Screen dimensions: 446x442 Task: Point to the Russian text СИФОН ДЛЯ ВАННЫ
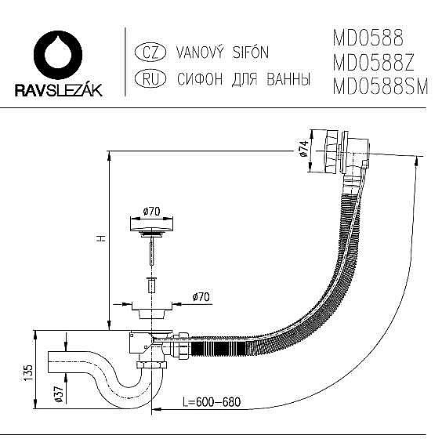point(244,78)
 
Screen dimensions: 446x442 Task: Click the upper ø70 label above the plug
point(152,211)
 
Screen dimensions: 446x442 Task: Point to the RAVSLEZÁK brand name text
point(59,91)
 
